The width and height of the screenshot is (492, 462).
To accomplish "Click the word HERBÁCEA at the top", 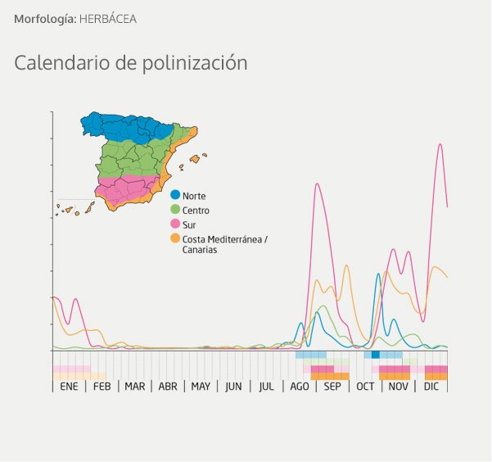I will (107, 18).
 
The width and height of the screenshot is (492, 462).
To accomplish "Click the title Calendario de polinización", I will (131, 62).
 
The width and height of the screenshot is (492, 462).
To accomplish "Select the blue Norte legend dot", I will (175, 195).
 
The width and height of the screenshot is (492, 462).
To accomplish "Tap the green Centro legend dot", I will (175, 210).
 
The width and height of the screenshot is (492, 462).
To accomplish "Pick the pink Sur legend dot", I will (175, 224).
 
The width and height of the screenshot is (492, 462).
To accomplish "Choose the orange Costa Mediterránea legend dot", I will (175, 238).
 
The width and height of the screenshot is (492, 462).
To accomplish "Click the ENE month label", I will (69, 386).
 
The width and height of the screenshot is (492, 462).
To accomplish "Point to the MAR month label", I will (134, 386).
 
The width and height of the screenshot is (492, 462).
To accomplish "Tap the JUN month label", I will (233, 386).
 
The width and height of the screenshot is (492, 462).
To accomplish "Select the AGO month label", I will (300, 386).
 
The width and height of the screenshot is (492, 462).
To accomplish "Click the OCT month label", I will (365, 386).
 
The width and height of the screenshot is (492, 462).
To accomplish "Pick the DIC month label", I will (431, 386).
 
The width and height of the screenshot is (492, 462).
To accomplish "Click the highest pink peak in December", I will (440, 145).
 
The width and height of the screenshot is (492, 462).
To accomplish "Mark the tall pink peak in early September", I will (317, 184).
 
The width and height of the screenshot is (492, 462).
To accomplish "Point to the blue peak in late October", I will (378, 274).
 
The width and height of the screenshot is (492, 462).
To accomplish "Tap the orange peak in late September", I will (346, 266).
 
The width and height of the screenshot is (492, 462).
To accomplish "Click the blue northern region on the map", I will (123, 127).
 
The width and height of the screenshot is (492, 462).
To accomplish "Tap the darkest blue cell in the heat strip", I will (376, 355).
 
